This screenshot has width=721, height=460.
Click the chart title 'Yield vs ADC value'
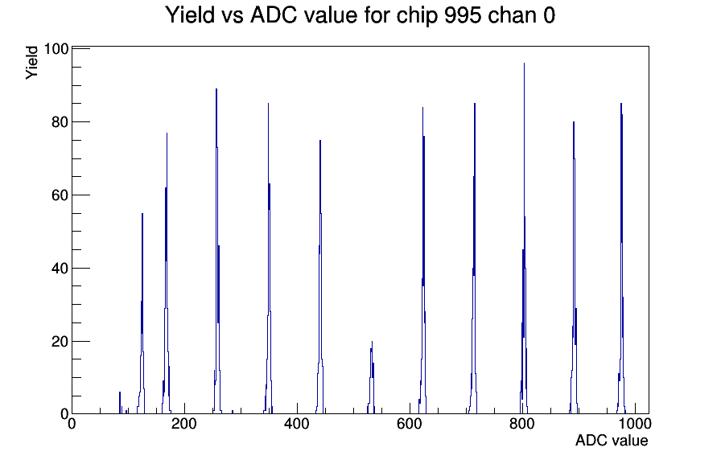pyautogui.click(x=262, y=14)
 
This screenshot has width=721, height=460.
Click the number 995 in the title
pyautogui.click(x=463, y=14)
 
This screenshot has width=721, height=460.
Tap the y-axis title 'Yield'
pyautogui.click(x=31, y=63)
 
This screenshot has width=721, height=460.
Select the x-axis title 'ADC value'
pyautogui.click(x=612, y=440)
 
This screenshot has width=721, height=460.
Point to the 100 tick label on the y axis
pyautogui.click(x=56, y=49)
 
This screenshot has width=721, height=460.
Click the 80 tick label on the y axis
pyautogui.click(x=60, y=121)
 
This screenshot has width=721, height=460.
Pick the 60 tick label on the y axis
pyautogui.click(x=60, y=195)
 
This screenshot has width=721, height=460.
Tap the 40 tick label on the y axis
pyautogui.click(x=60, y=268)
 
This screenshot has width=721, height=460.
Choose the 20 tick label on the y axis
pyautogui.click(x=60, y=342)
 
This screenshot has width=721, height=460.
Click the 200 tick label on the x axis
pyautogui.click(x=184, y=423)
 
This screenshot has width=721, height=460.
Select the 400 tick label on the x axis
pyautogui.click(x=297, y=423)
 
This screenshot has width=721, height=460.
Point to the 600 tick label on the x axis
pyautogui.click(x=410, y=423)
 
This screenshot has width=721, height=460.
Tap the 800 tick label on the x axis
pyautogui.click(x=522, y=423)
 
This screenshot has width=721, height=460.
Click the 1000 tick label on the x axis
pyautogui.click(x=635, y=423)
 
